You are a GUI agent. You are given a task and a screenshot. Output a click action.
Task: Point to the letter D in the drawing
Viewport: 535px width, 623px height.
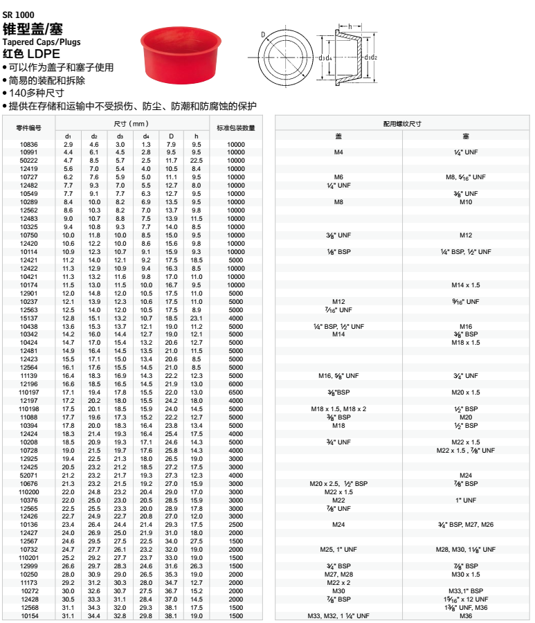pos(264,34)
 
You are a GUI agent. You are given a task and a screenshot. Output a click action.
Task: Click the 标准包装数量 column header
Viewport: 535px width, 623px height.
pos(235,127)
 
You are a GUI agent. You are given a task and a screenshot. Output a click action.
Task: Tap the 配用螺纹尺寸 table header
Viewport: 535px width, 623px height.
pos(402,123)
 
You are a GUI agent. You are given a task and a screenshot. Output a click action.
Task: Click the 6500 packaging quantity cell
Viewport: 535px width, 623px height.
pos(235,392)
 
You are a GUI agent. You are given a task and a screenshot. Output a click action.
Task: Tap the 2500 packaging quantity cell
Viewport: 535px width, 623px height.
pos(235,524)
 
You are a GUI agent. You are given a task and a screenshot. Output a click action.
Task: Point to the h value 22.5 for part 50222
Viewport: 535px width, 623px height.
pos(196,161)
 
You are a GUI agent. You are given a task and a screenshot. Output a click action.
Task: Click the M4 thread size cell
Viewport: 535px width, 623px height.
pos(338,152)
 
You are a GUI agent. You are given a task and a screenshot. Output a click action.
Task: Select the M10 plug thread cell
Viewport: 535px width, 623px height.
pos(466,202)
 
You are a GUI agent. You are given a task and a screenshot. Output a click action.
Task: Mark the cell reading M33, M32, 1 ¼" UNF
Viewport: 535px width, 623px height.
pos(338,615)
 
